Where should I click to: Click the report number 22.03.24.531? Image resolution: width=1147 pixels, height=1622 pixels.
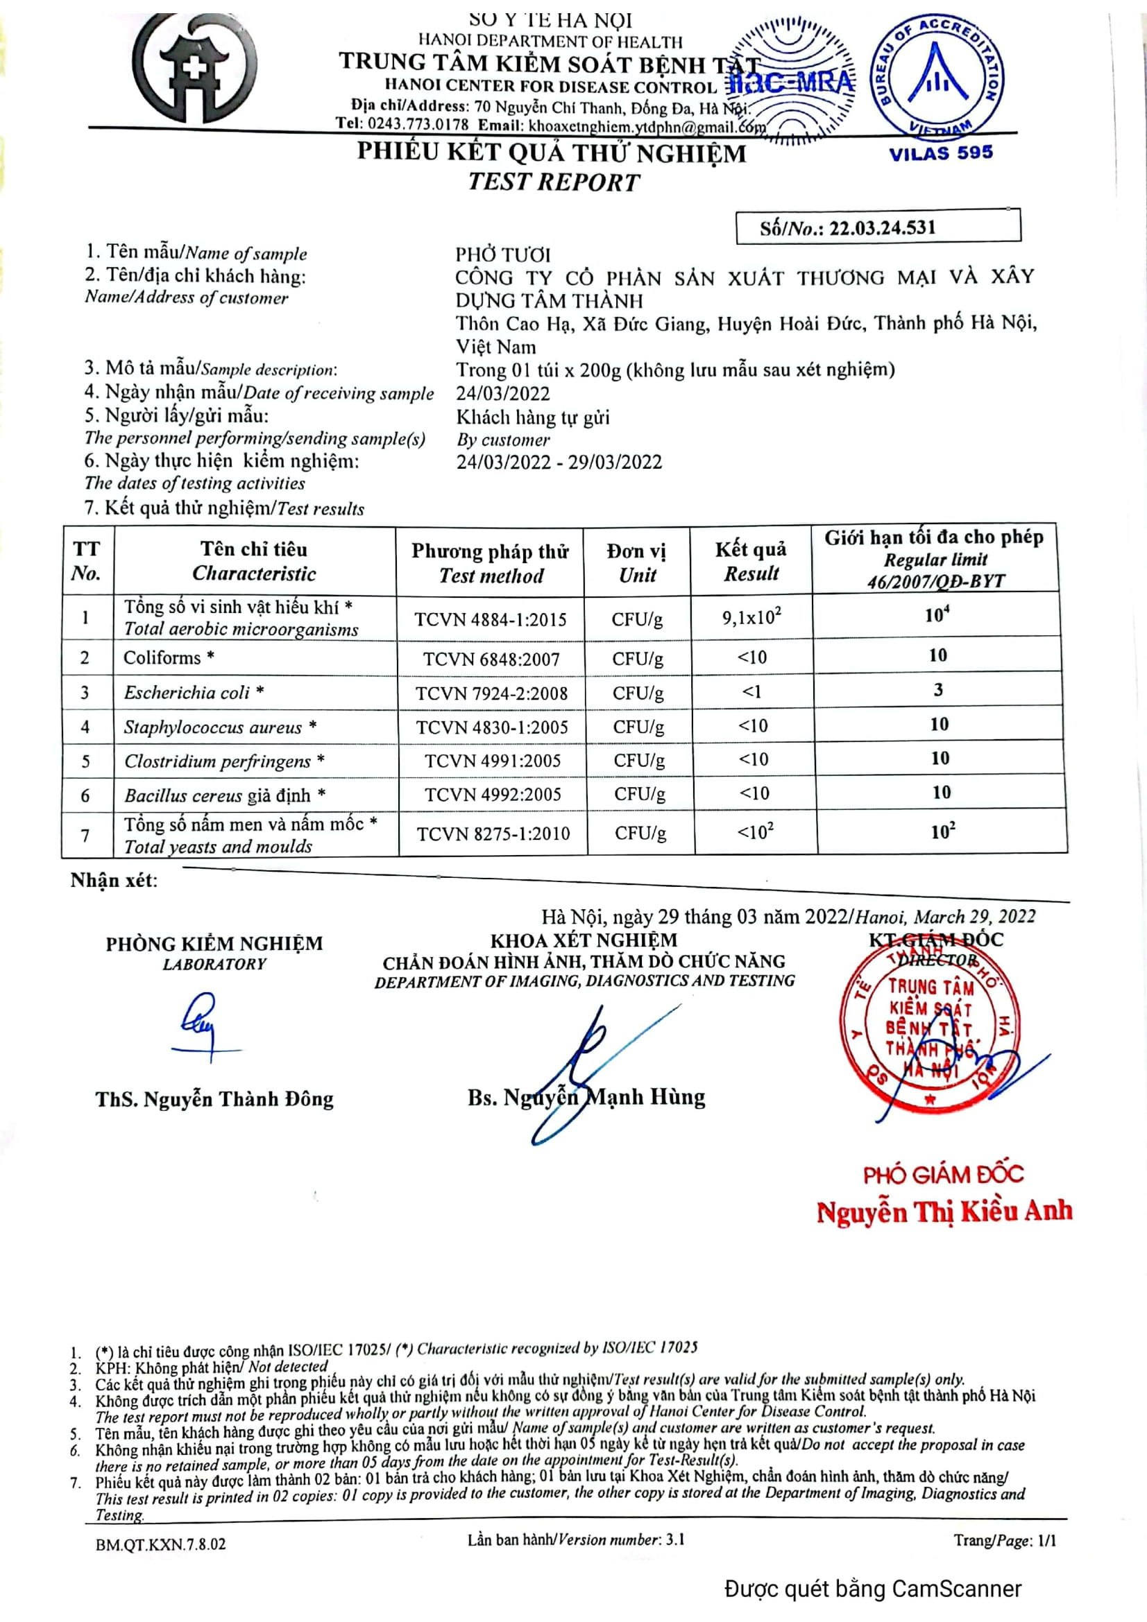(882, 227)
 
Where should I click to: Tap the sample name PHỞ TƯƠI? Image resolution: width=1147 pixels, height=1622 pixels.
(502, 254)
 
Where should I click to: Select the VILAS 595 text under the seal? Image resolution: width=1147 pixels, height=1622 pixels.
(941, 153)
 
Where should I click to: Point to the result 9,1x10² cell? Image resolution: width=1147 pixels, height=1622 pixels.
(751, 617)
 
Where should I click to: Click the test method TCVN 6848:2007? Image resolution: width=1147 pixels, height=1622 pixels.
(491, 659)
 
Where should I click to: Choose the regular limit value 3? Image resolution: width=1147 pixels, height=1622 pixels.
(938, 689)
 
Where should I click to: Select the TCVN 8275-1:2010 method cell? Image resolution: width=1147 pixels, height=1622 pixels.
(493, 834)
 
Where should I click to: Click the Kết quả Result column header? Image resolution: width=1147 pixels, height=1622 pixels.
(751, 561)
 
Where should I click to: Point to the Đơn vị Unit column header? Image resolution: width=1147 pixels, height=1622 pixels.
(637, 562)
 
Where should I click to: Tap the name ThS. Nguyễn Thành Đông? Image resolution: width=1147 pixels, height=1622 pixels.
(214, 1099)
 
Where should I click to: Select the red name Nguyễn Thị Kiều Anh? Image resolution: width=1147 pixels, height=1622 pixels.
(944, 1211)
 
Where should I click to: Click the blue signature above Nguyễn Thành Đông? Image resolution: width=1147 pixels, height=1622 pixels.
(201, 1024)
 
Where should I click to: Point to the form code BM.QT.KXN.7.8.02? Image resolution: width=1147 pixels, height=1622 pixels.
(160, 1544)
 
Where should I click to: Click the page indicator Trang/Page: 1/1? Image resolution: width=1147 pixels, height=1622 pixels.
(1004, 1541)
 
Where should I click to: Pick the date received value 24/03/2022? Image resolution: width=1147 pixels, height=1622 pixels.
(502, 392)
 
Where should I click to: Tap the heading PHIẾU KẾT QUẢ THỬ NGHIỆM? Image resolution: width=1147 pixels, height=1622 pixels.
(551, 153)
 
